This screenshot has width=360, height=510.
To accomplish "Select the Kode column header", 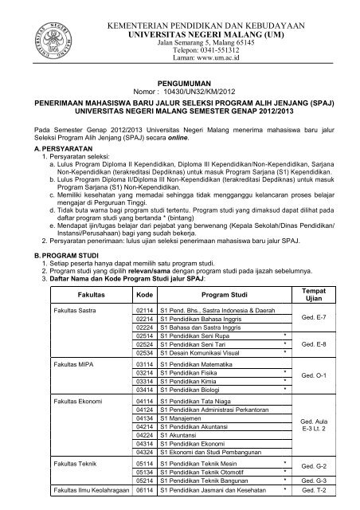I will coord(143,317).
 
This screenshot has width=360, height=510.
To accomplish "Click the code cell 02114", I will coord(144,331).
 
